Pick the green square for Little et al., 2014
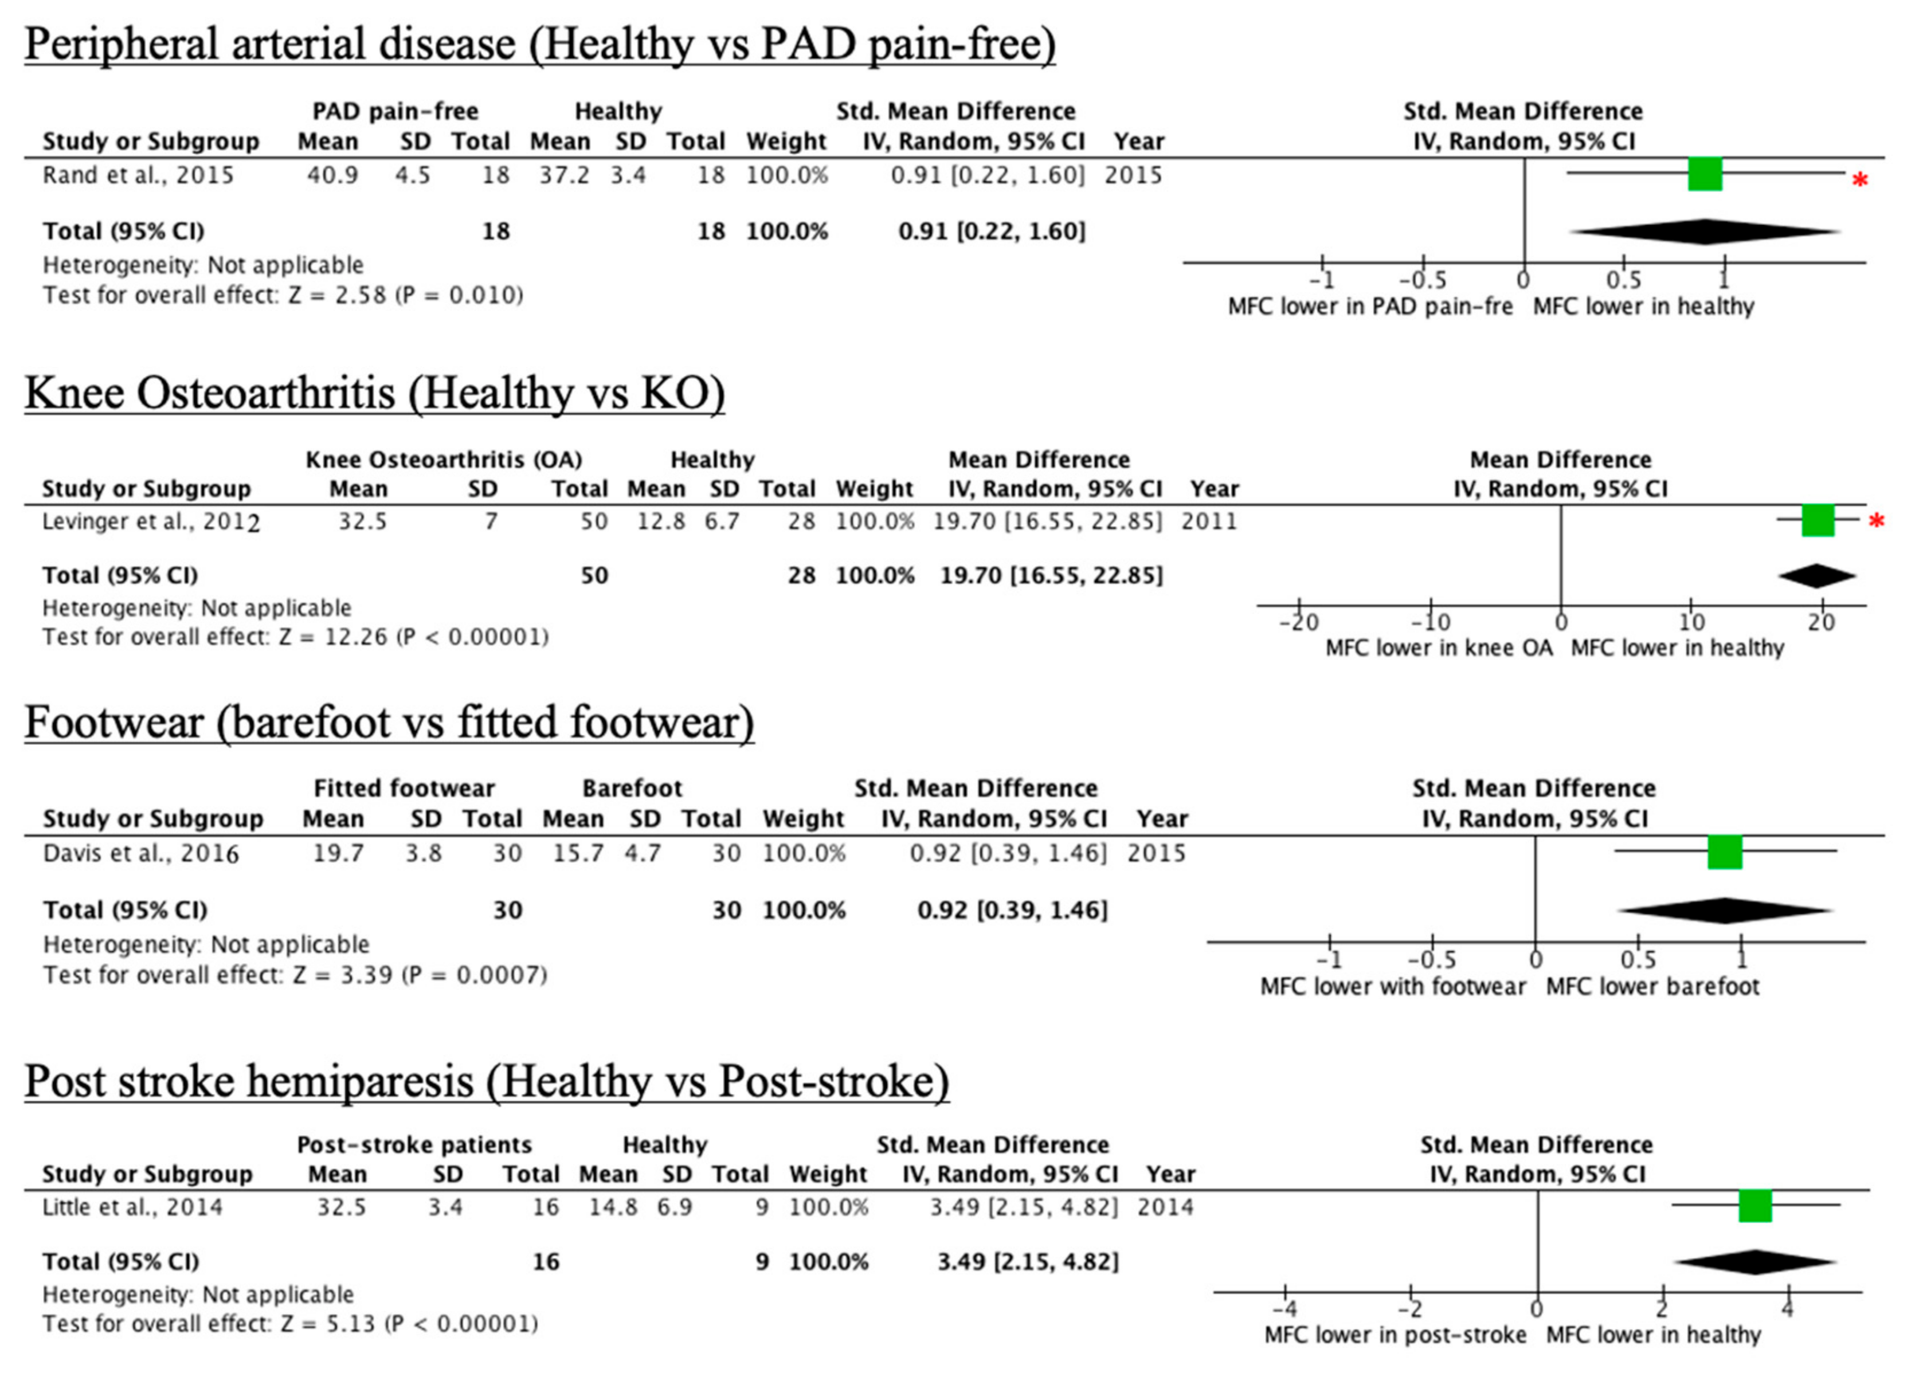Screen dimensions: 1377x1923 click(x=1755, y=1206)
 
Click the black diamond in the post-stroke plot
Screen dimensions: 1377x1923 click(x=1755, y=1262)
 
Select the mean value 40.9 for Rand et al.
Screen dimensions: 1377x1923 click(x=331, y=175)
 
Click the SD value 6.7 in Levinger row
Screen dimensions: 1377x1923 click(x=722, y=521)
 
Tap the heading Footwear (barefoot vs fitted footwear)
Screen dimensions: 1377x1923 click(x=389, y=723)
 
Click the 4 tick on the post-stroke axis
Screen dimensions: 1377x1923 click(x=1787, y=1310)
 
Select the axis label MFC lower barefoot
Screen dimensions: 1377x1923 click(x=1652, y=987)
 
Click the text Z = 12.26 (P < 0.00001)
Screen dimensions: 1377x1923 click(x=414, y=637)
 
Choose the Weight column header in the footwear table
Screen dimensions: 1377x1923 click(x=803, y=819)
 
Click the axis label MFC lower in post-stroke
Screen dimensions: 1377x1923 click(x=1395, y=1335)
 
